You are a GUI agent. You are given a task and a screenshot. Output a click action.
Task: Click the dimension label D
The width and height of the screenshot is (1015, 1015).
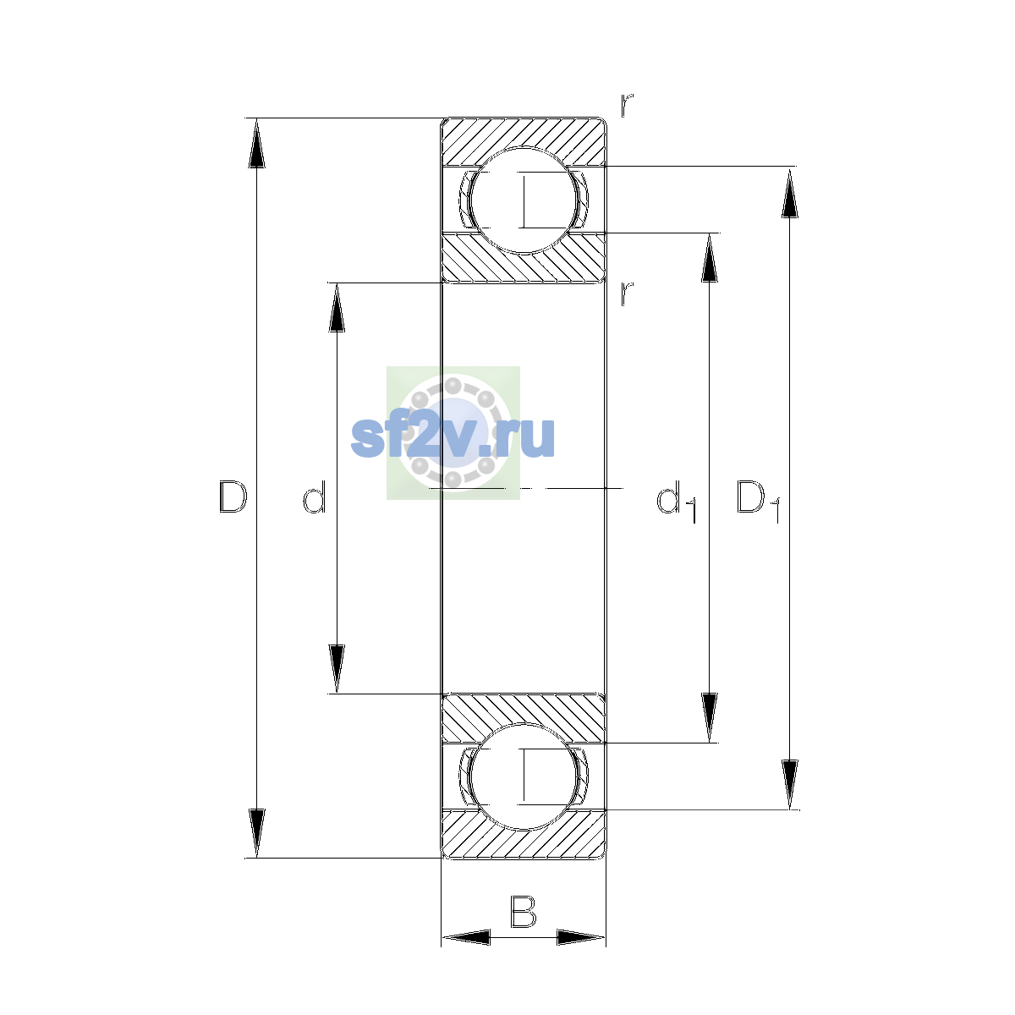[x=233, y=497]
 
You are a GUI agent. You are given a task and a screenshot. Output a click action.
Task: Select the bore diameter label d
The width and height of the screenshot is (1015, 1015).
[x=315, y=497]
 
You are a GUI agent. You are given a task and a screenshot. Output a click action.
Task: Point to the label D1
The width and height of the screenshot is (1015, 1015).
[x=758, y=502]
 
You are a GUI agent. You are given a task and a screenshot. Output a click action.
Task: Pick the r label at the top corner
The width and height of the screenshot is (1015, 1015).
[x=626, y=105]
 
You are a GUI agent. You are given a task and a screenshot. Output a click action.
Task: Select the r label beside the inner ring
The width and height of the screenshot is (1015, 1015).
[x=626, y=294]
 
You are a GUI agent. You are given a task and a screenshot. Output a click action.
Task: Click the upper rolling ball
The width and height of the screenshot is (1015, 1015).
[x=524, y=200]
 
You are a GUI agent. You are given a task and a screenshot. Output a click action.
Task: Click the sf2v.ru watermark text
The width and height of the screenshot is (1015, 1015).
[x=453, y=436]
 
